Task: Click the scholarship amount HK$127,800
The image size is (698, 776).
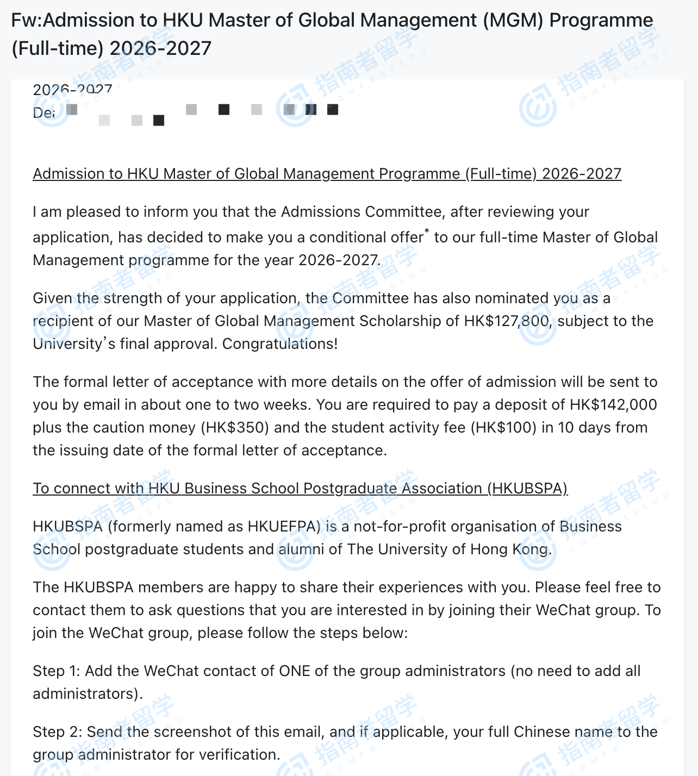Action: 507,321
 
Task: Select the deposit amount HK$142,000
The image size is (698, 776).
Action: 613,405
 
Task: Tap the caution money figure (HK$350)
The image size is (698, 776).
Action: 235,428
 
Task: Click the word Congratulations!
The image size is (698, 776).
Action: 280,344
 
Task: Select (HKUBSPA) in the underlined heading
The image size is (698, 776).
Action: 527,489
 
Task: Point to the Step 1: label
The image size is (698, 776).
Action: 56,671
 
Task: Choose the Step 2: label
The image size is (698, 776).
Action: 57,732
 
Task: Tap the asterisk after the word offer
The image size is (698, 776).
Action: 427,232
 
